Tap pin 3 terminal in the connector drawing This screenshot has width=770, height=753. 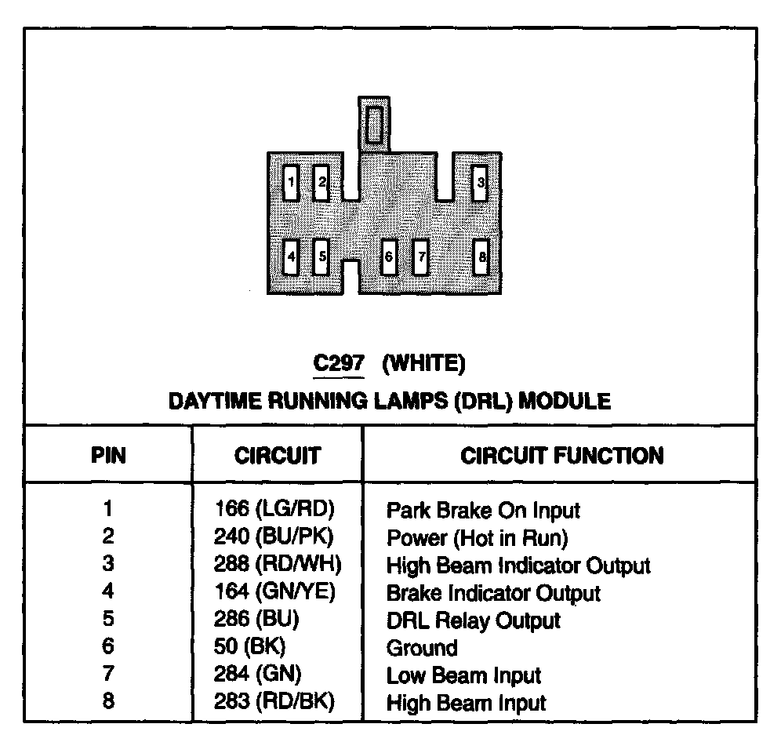[x=481, y=184]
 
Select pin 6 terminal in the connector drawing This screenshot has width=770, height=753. [x=388, y=256]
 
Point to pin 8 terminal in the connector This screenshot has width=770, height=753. [x=482, y=256]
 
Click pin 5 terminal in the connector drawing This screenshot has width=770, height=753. [x=321, y=256]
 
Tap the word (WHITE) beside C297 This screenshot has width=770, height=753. [x=424, y=364]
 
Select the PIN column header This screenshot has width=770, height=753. [x=108, y=456]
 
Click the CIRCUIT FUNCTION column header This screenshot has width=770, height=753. [x=561, y=456]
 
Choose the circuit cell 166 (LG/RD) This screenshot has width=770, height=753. [x=274, y=509]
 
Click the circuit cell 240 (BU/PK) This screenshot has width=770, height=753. [x=274, y=537]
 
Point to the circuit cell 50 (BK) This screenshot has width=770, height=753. [x=250, y=647]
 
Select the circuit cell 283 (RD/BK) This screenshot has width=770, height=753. [x=274, y=702]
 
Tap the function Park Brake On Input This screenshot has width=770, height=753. [x=483, y=511]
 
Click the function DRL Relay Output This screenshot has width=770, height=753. [x=474, y=620]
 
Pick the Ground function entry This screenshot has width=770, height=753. [x=422, y=648]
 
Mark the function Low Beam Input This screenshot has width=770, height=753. [x=464, y=675]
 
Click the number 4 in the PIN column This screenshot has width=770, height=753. [x=108, y=592]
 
